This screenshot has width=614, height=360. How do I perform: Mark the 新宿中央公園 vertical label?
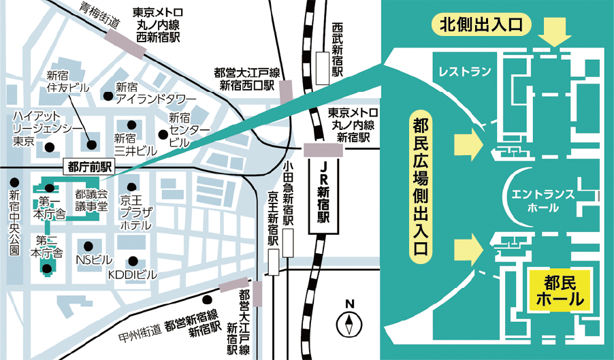tap(14, 224)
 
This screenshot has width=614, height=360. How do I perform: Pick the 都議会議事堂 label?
tap(91, 200)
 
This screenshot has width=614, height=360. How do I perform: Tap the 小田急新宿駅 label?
tap(288, 194)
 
